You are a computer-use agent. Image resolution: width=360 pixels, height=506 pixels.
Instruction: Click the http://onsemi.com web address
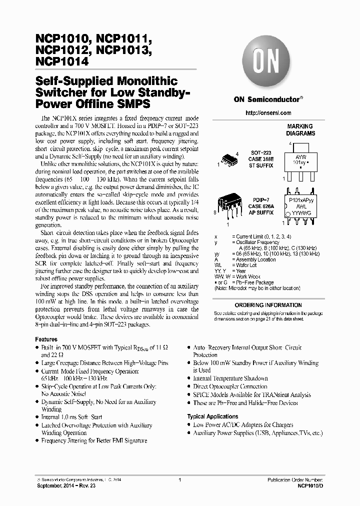(268, 113)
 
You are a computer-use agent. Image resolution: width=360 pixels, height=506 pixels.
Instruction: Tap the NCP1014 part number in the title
(62, 62)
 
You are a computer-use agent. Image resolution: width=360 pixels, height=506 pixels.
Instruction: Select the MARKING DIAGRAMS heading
(300, 130)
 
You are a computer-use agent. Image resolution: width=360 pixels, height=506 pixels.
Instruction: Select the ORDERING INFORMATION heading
(268, 305)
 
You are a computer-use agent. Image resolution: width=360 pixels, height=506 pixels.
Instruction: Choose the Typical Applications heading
(212, 416)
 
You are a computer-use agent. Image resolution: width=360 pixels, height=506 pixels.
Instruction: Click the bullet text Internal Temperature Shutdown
(230, 378)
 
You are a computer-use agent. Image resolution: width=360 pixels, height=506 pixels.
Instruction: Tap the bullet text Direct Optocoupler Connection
(230, 386)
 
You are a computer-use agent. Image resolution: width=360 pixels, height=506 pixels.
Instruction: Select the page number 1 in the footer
(179, 479)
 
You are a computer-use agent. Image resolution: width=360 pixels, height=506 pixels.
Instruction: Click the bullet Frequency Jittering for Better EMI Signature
(94, 440)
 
